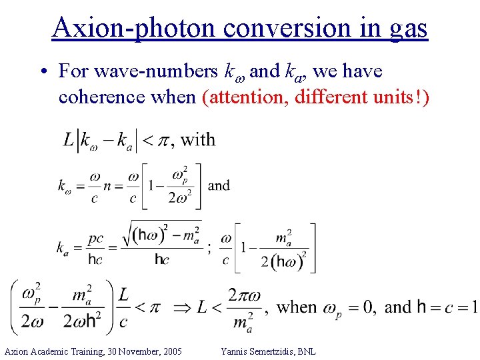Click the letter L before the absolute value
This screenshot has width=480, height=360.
[69, 139]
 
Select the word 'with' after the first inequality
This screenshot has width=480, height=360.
[198, 139]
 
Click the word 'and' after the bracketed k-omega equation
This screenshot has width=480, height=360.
[219, 185]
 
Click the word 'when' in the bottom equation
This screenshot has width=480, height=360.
[297, 307]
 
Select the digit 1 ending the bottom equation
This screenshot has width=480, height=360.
[473, 307]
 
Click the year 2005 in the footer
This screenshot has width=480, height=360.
[171, 351]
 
